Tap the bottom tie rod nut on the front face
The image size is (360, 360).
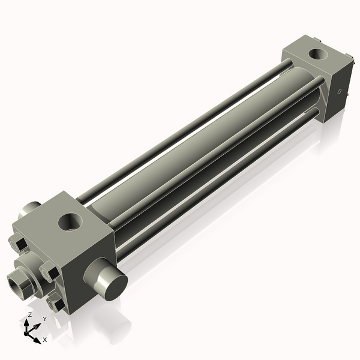[x=56, y=304]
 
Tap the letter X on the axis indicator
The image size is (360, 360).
[x=44, y=340]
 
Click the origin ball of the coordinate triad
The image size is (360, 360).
[x=28, y=332]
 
